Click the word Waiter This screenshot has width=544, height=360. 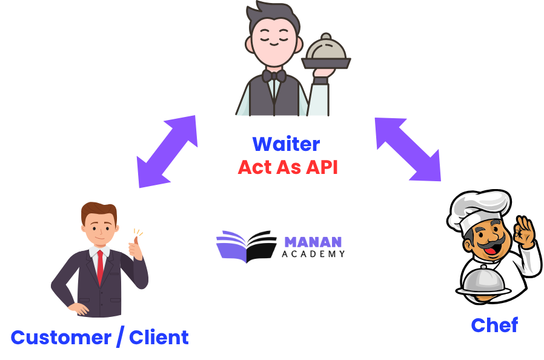click(x=286, y=144)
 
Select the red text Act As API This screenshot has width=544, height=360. click(x=287, y=167)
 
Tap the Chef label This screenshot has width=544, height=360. click(x=494, y=325)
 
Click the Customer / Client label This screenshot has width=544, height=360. click(x=99, y=338)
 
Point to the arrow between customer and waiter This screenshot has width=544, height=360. click(x=167, y=152)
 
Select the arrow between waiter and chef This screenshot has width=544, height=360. click(x=408, y=149)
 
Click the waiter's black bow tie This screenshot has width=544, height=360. click(x=274, y=76)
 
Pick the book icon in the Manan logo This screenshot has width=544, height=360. click(x=245, y=246)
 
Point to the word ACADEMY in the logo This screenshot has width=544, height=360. click(x=313, y=254)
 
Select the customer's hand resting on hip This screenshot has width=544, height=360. click(x=76, y=308)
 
